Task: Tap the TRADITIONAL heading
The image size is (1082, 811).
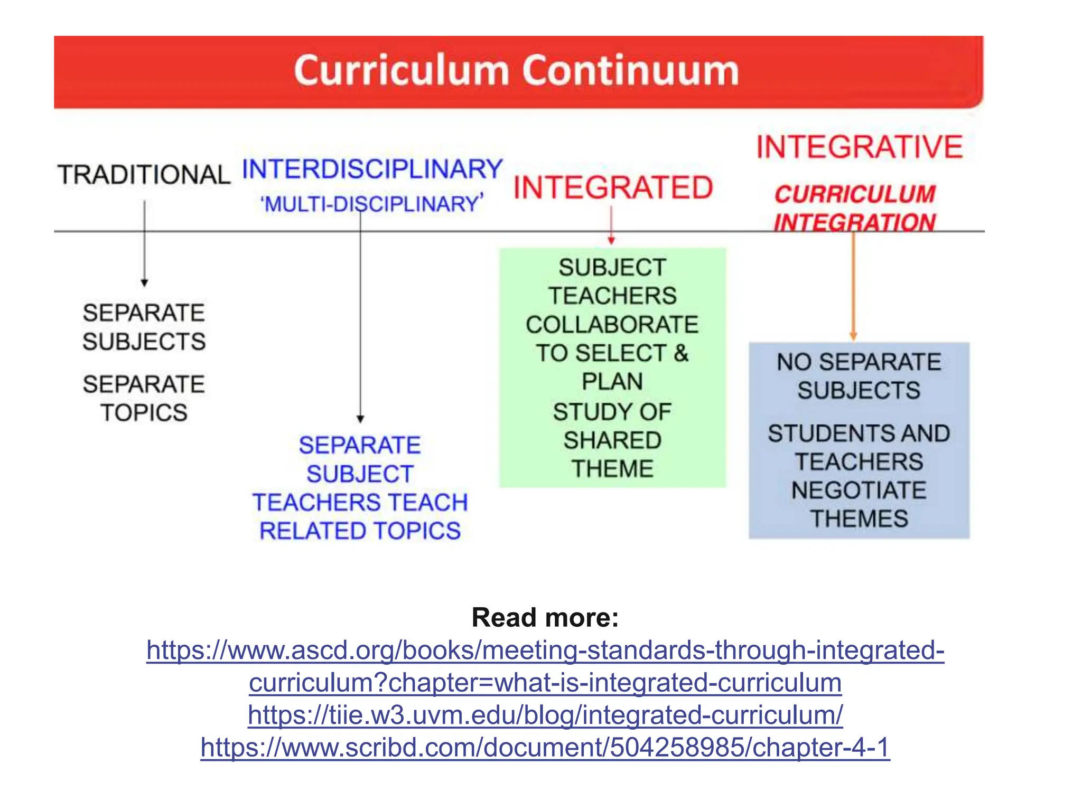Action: click(x=144, y=175)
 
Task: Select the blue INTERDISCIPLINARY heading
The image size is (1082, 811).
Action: click(x=372, y=169)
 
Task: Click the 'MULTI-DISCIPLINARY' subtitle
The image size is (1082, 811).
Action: click(x=372, y=204)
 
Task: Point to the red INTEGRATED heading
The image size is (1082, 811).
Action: click(x=613, y=188)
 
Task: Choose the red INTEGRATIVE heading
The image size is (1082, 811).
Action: click(x=860, y=147)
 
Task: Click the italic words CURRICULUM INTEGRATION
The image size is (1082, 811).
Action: click(x=855, y=208)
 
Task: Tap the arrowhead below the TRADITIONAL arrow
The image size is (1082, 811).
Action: click(x=144, y=282)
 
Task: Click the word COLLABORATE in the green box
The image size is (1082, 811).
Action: click(x=612, y=325)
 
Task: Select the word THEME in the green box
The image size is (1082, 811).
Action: click(x=612, y=469)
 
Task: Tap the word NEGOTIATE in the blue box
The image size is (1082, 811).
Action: click(x=859, y=491)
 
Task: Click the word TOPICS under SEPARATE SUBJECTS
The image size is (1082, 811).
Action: click(x=144, y=413)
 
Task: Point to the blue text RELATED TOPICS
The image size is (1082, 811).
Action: click(x=360, y=531)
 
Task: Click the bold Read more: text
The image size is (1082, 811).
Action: click(x=545, y=617)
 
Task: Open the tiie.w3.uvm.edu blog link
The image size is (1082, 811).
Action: click(x=545, y=715)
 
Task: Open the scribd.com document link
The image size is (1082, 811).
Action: click(x=545, y=748)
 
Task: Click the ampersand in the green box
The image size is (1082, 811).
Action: click(x=681, y=353)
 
